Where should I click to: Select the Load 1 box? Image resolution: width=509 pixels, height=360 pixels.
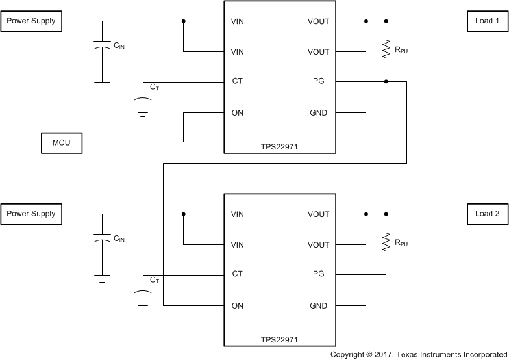tap(488, 21)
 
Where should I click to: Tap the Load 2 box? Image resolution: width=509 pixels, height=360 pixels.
tap(488, 214)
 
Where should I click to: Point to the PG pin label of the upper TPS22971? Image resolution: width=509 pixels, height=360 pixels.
tap(319, 82)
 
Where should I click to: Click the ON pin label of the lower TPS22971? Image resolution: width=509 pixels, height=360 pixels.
tap(238, 305)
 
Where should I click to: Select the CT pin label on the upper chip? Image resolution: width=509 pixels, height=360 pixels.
tap(237, 82)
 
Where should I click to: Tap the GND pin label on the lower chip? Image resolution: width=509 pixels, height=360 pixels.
tap(319, 305)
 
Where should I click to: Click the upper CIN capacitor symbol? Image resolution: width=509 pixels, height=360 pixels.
tap(101, 47)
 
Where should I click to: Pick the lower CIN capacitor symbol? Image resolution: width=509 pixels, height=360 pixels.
tap(101, 239)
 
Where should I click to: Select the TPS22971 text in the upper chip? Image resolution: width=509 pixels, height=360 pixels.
tap(279, 147)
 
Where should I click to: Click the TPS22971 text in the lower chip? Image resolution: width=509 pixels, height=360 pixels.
tap(279, 339)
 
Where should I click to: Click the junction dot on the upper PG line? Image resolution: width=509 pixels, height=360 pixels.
tap(386, 82)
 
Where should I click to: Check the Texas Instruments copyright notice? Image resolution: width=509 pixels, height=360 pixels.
tap(419, 354)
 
